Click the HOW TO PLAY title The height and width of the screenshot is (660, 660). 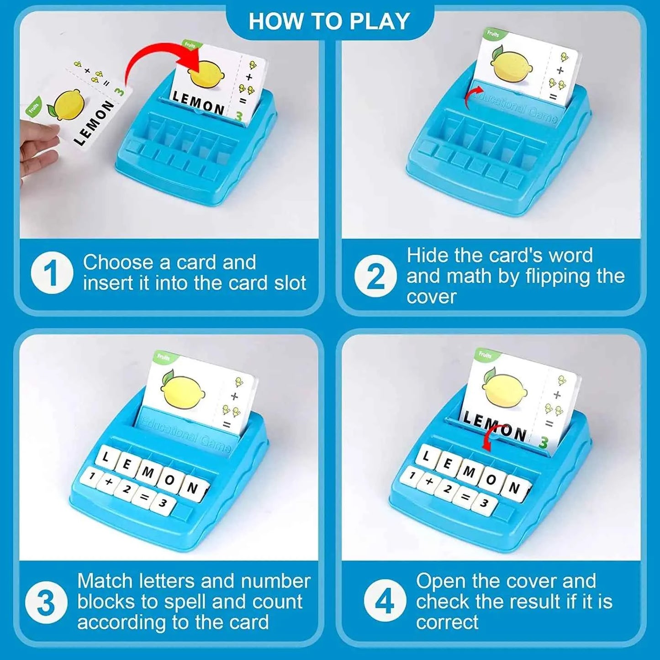click(x=329, y=21)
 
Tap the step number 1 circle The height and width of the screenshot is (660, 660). click(x=52, y=273)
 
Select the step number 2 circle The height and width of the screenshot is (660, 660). click(x=375, y=276)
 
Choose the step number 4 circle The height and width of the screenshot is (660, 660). click(x=385, y=601)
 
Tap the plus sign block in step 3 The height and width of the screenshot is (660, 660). click(x=109, y=481)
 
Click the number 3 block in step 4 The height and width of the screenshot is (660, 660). click(x=484, y=504)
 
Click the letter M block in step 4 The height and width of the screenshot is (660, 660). click(x=469, y=471)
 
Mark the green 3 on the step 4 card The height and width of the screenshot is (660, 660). click(x=543, y=442)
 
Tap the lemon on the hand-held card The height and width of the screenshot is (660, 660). click(x=69, y=105)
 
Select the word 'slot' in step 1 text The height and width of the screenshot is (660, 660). click(x=290, y=283)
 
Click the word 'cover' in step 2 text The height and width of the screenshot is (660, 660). click(x=432, y=297)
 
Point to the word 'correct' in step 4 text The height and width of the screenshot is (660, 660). click(x=447, y=622)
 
